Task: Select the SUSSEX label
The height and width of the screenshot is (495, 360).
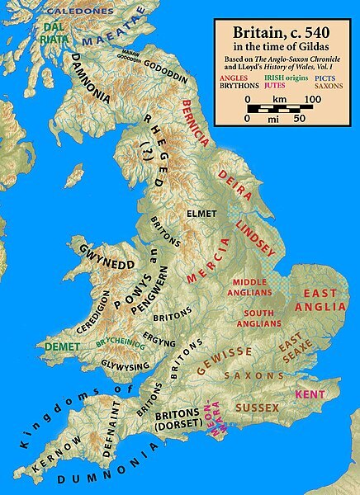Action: click(257, 408)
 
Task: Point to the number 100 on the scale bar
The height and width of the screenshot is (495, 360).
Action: click(311, 99)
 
